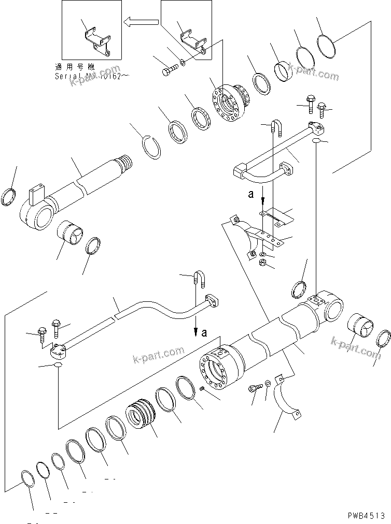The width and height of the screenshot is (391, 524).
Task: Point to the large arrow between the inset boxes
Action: click(x=141, y=22)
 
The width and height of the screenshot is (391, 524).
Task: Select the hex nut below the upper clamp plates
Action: click(x=263, y=264)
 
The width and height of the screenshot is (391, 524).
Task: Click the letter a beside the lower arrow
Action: click(x=204, y=333)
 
